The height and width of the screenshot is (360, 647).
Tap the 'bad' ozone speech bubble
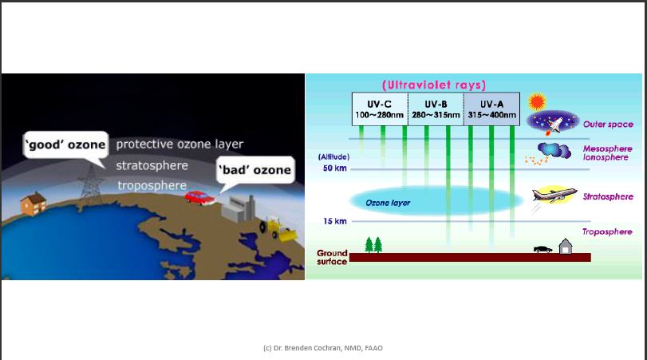(254, 170)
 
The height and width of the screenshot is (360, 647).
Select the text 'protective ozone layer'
(180, 144)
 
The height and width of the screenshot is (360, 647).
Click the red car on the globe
(196, 196)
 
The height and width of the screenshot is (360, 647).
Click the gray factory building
(239, 211)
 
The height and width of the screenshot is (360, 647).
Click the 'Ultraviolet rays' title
(434, 85)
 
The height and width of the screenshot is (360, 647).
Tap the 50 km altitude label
(334, 168)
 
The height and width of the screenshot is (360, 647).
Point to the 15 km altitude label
(334, 221)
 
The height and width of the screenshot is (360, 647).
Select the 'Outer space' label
(608, 125)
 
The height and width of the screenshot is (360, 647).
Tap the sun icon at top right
(536, 101)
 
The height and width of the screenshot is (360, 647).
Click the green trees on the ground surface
(373, 244)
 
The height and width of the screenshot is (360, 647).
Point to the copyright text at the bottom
(323, 348)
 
